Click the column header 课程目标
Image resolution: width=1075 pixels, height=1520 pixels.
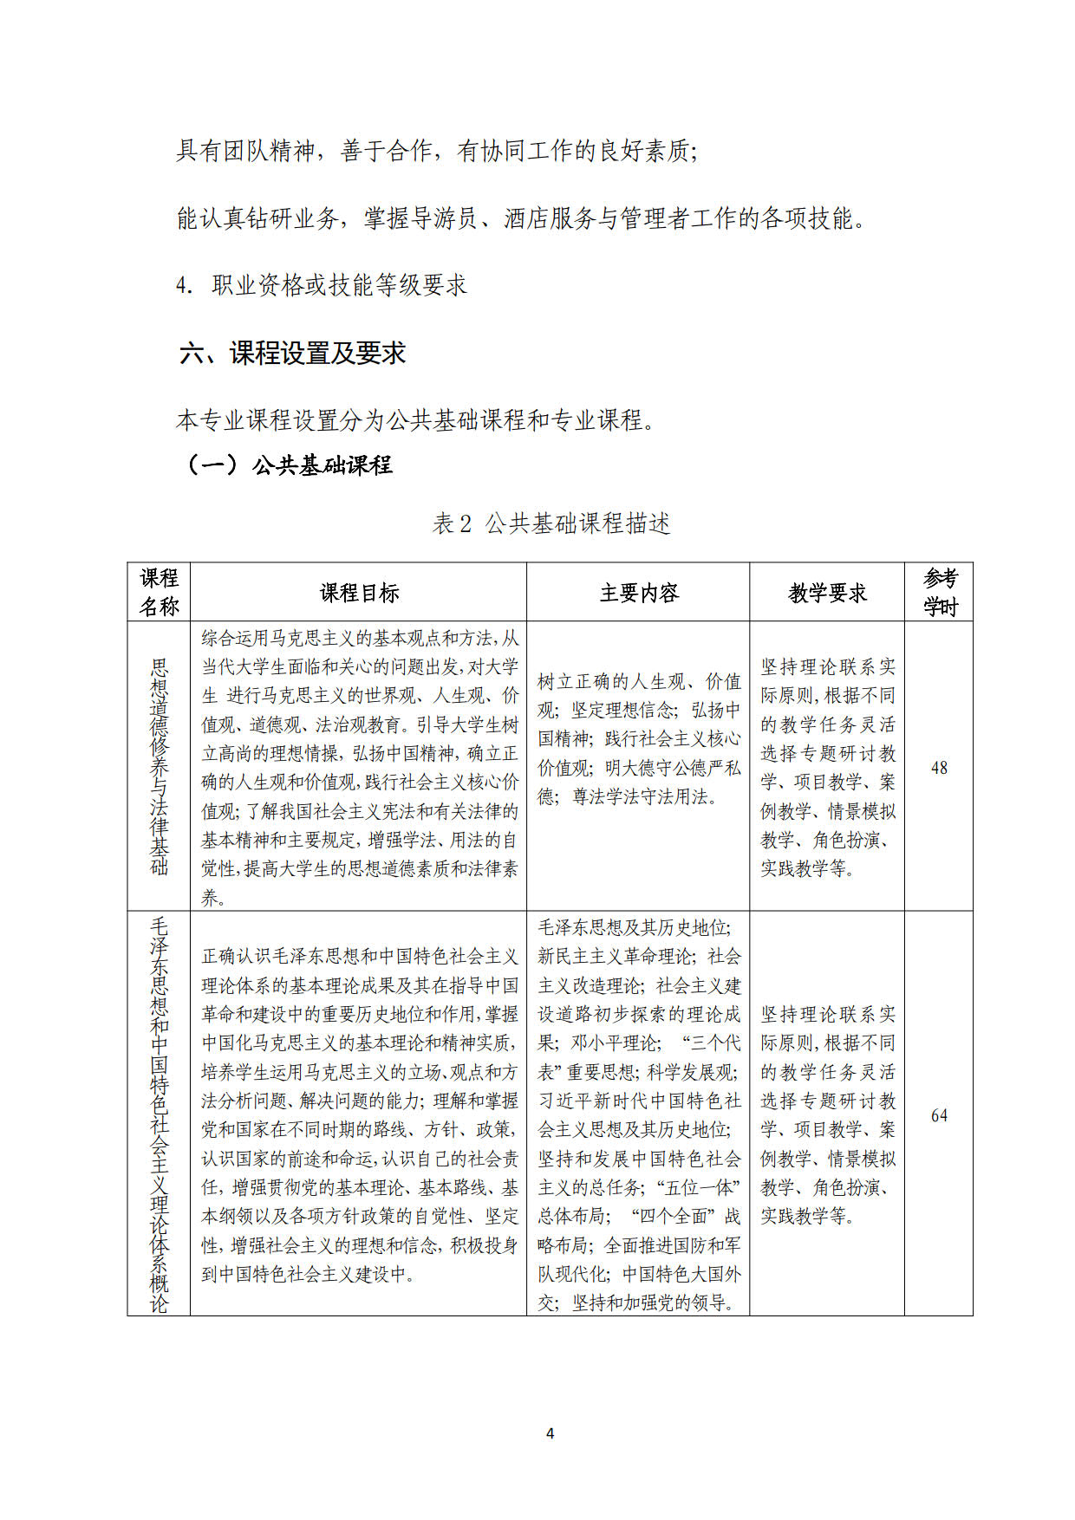coord(359,593)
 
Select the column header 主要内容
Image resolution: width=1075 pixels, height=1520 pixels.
coord(639,593)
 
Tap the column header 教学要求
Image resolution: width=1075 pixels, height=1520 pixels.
coord(827,593)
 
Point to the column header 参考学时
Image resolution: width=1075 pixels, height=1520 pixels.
coord(940,592)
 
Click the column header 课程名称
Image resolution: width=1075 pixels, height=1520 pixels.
coord(159,592)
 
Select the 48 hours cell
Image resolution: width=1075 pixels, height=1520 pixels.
coord(939,768)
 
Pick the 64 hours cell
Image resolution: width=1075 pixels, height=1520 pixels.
coord(939,1115)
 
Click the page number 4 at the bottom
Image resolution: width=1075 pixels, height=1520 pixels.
coord(550,1433)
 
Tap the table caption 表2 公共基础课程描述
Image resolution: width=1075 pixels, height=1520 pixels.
coord(551,523)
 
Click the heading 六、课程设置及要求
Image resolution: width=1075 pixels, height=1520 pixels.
coord(293,354)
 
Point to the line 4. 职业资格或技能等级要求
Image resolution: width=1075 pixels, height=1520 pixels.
coord(322,285)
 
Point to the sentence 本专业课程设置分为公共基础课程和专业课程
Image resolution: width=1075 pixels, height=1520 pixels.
coord(414,420)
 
